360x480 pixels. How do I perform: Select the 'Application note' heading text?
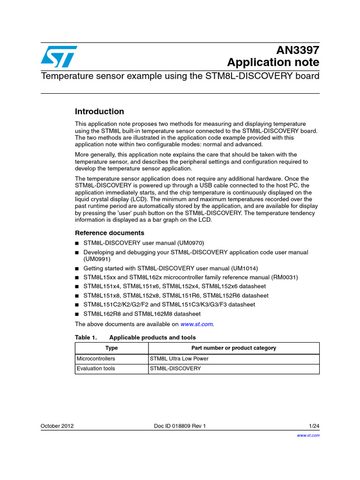click(x=273, y=62)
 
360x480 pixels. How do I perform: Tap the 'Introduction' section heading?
click(x=99, y=112)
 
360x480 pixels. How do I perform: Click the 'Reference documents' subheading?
click(x=110, y=233)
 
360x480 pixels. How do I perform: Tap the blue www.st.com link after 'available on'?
click(x=197, y=324)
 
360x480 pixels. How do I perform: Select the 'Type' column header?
click(x=112, y=348)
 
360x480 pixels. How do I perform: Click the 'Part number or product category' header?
click(x=233, y=348)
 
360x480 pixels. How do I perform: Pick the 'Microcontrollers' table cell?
click(x=96, y=359)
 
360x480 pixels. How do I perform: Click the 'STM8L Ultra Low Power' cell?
click(x=179, y=359)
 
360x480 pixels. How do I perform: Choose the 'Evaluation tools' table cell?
click(x=96, y=368)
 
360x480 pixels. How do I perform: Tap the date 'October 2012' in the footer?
click(x=57, y=426)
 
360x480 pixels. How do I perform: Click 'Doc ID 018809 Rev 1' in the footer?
click(x=180, y=426)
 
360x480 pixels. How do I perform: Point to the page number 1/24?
click(x=314, y=426)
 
